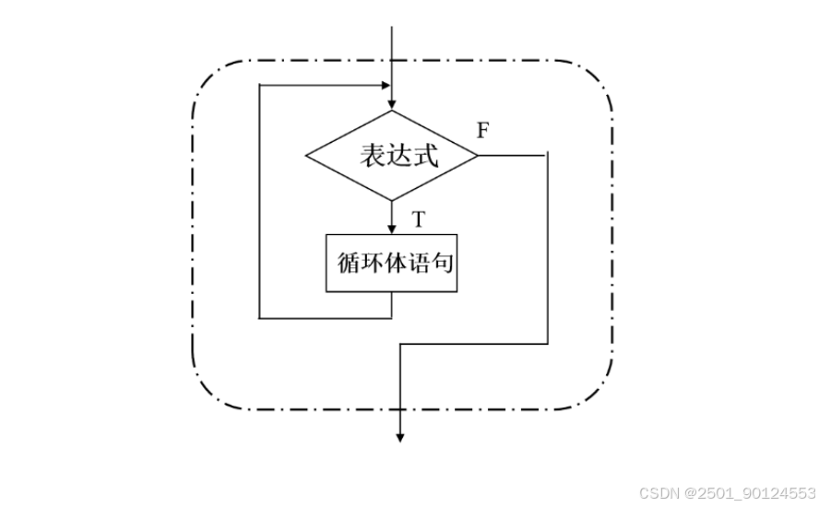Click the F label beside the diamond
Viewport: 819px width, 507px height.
coord(482,130)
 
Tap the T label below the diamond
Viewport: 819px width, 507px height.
coord(419,218)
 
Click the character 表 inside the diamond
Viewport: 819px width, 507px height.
coord(370,156)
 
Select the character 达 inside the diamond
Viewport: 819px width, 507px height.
coord(398,156)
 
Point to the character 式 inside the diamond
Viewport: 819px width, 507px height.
coord(426,156)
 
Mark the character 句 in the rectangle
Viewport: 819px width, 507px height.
coord(442,263)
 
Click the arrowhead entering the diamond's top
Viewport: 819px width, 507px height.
coord(392,104)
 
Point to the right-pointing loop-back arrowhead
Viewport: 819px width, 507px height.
coord(386,85)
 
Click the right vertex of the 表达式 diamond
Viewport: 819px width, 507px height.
coord(478,155)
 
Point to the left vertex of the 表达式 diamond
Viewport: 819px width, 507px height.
coord(306,155)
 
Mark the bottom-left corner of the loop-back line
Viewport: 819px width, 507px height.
coord(259,318)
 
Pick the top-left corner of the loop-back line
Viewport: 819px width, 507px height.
coord(259,85)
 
